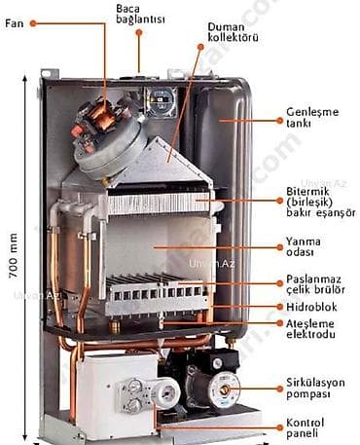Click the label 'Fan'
15,23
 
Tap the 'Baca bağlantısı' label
140,14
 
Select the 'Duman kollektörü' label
233,32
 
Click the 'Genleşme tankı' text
312,117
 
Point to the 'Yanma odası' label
304,246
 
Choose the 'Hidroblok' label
311,307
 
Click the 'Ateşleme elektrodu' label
310,329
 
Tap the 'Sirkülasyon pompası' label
315,388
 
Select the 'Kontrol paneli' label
305,427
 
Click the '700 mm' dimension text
14,255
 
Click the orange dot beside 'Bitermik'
280,201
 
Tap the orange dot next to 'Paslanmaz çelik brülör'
280,283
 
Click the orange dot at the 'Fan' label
33,23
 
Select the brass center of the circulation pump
225,389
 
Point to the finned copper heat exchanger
160,203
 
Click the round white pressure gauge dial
166,392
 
